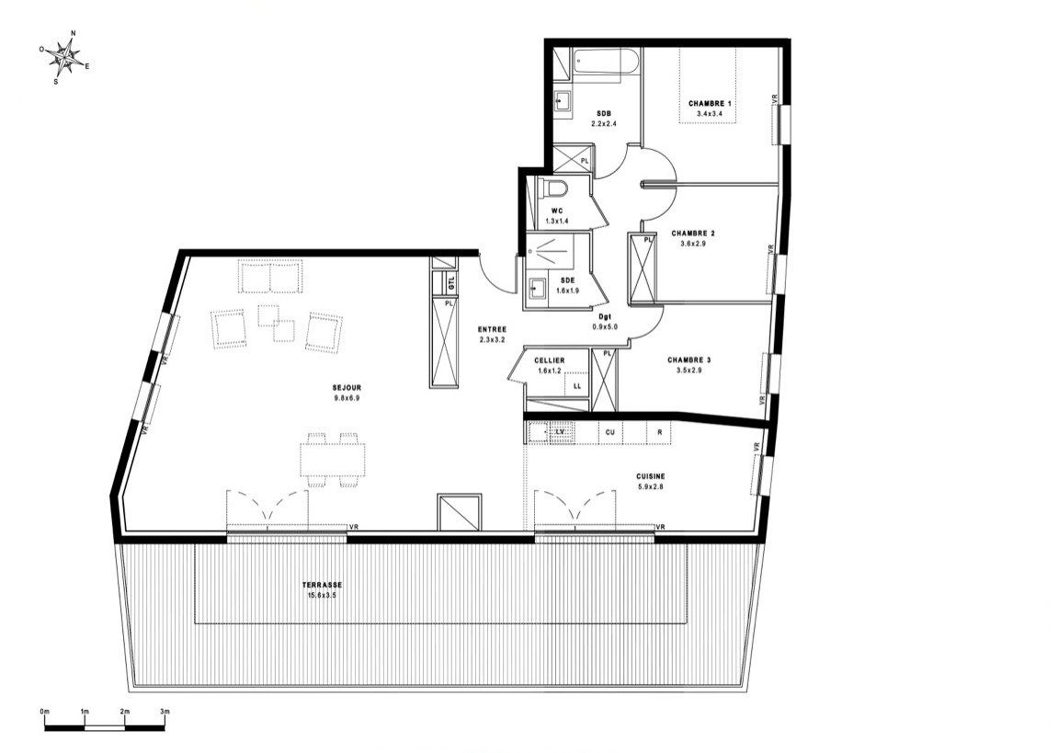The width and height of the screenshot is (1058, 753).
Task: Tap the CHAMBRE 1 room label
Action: coord(711,104)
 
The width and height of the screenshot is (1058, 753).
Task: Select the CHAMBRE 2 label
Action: coord(693,234)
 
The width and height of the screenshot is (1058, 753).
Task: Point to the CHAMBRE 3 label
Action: coord(689,360)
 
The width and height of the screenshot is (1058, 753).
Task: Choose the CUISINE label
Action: coord(650,476)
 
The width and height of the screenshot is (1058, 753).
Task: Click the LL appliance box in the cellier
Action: coord(576,386)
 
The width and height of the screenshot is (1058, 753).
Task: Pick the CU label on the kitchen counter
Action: coord(609,431)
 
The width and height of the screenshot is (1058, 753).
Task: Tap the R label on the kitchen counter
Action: coord(659,431)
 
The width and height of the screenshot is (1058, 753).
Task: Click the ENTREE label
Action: coord(493,329)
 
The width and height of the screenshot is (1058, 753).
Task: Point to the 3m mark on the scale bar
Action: coord(165,713)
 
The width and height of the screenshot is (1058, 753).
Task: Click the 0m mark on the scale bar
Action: coord(45,713)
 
